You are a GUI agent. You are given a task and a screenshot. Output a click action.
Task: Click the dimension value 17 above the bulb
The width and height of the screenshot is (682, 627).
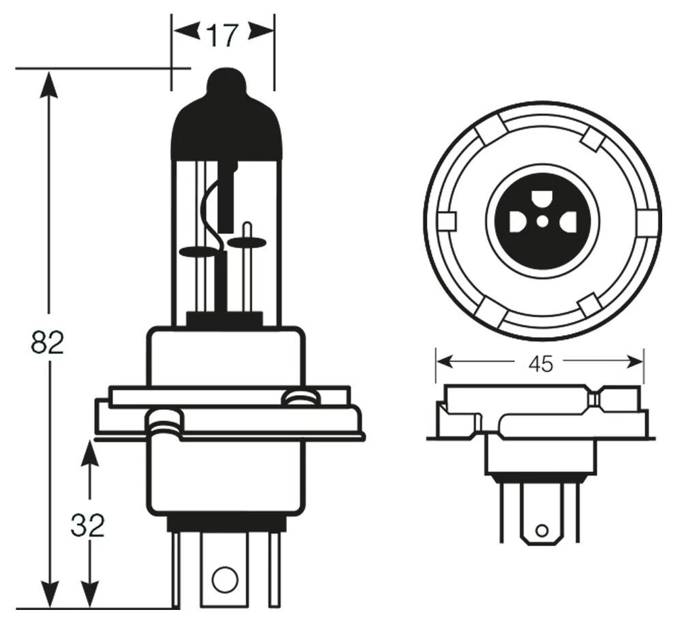click(222, 35)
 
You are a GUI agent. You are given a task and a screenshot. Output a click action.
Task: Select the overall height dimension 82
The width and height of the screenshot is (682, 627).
click(48, 343)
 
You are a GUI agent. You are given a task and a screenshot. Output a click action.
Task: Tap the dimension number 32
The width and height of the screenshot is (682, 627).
click(88, 525)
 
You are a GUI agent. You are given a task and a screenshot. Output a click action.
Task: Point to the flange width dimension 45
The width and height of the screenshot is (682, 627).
click(540, 364)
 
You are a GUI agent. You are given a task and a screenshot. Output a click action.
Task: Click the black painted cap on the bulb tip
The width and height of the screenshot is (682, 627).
click(227, 121)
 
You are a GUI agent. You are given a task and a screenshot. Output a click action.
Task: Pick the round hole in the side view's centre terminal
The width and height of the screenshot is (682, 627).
click(224, 577)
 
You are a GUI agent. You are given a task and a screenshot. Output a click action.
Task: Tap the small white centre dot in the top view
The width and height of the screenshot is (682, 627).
click(542, 222)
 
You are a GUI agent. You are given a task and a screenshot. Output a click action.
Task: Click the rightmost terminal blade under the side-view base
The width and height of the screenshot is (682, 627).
click(274, 569)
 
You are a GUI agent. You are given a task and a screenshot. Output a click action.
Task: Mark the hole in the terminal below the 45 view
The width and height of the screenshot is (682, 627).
click(541, 530)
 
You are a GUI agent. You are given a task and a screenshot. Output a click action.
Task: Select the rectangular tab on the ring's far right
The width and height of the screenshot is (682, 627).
click(646, 223)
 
